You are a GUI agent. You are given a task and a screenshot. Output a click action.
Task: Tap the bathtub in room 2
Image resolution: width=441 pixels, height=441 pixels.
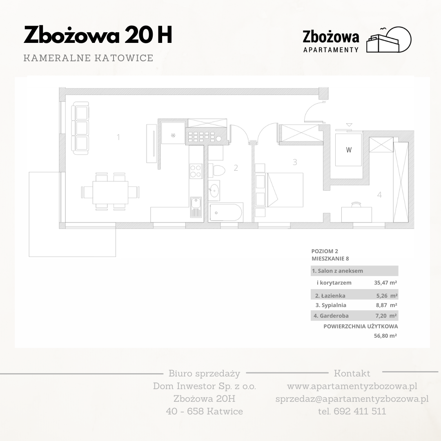click(226, 212)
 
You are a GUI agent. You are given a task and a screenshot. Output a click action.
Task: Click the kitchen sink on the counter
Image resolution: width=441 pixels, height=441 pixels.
click(196, 207)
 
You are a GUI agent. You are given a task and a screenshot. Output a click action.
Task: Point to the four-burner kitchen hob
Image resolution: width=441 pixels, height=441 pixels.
click(196, 171)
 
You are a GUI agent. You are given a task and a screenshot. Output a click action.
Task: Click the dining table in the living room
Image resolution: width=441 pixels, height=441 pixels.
click(110, 192)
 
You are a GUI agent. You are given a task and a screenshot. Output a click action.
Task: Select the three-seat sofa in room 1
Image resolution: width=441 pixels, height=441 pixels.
click(80, 128)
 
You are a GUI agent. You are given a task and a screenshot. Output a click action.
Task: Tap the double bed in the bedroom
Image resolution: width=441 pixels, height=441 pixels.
click(285, 190)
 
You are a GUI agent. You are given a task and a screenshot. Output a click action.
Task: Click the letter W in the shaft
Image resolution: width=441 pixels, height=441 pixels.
click(349, 150)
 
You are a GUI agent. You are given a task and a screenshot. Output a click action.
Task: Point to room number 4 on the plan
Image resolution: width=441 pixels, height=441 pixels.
click(379, 195)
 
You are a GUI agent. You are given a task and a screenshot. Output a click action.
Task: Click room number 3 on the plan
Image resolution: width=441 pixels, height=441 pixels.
click(295, 162)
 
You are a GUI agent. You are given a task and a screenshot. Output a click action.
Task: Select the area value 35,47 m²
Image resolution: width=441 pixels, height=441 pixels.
click(385, 283)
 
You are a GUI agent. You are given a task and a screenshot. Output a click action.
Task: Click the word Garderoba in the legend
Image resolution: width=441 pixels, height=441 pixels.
click(334, 316)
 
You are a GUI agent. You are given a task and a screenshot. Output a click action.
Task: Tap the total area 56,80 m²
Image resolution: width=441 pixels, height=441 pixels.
click(385, 336)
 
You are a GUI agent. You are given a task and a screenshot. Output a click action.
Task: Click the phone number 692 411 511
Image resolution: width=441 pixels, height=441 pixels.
click(360, 411)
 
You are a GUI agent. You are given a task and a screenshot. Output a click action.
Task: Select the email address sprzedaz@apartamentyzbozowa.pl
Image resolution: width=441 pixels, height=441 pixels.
click(352, 399)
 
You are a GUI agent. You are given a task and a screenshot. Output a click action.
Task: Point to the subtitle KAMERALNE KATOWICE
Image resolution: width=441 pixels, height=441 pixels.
click(88, 58)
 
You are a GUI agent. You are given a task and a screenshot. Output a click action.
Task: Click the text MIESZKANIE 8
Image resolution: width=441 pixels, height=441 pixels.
click(330, 258)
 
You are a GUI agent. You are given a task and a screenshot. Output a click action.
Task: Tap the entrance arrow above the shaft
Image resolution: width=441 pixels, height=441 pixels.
click(349, 125)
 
